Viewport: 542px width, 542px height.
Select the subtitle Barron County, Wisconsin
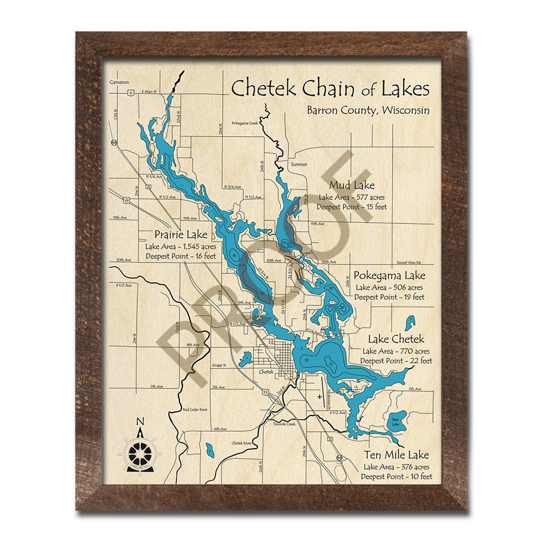point(368,110)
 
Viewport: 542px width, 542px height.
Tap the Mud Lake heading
point(352,185)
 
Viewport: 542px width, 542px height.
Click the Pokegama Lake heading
point(390,276)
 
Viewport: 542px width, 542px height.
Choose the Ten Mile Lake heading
point(396,455)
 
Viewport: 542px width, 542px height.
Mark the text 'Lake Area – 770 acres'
point(396,350)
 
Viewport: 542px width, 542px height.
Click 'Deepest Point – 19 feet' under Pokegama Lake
point(389,297)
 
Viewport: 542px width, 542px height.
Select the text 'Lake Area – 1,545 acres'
point(180,246)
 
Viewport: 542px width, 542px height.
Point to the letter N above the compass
point(140,422)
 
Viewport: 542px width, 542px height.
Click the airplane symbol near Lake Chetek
point(319,397)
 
